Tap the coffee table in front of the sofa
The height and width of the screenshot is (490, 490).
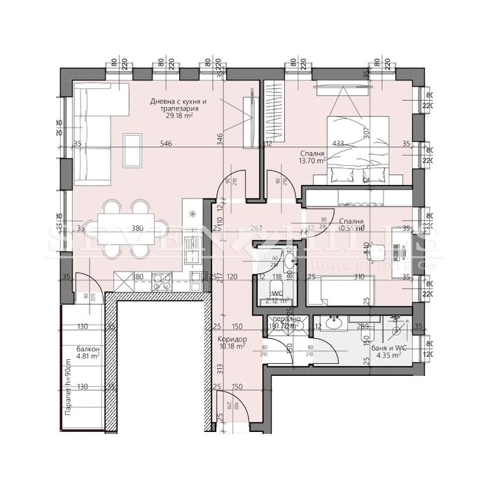coord(131,147)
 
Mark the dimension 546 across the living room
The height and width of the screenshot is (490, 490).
coord(166,144)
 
